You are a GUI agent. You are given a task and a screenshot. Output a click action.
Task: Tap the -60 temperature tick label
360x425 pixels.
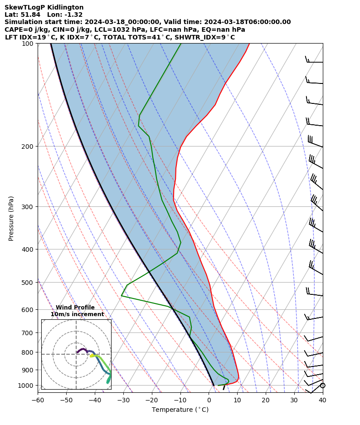[38, 400]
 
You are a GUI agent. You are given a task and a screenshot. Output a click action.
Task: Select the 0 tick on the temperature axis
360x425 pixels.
[209, 400]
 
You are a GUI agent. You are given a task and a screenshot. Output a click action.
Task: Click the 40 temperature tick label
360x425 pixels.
[322, 400]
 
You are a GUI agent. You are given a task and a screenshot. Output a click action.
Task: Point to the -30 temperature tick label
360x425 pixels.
[123, 400]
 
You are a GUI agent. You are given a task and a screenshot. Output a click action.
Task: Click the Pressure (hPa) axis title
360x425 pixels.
[11, 218]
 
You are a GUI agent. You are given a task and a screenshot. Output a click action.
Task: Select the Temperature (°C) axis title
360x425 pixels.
[180, 410]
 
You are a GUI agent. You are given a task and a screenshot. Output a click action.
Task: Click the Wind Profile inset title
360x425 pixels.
[75, 308]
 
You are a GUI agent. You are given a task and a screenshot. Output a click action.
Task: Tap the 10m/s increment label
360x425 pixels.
[77, 314]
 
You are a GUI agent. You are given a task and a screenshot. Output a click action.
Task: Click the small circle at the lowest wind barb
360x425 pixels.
[322, 386]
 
